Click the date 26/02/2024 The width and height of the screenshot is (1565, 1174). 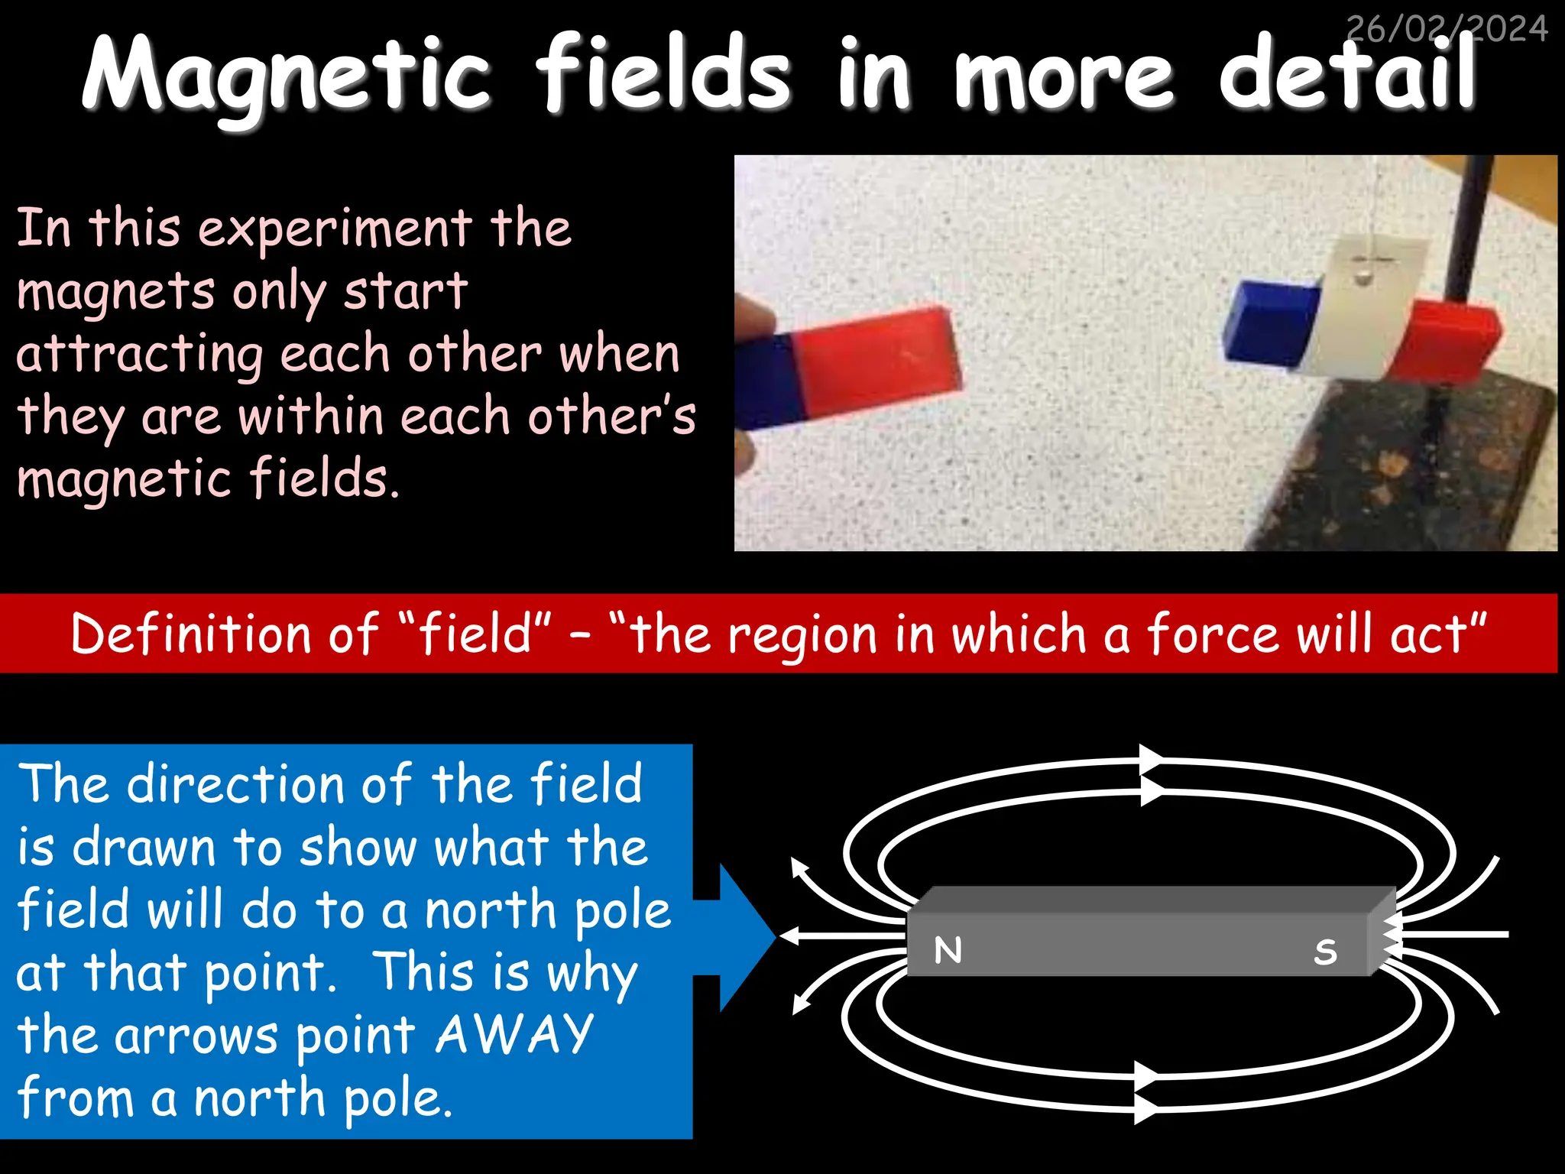[1447, 29]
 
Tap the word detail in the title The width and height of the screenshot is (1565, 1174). [1346, 74]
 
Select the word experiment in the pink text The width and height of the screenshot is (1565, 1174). [335, 229]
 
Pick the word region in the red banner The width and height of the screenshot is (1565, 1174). [802, 636]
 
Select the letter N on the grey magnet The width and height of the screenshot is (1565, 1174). [948, 950]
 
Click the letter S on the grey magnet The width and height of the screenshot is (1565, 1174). [1326, 952]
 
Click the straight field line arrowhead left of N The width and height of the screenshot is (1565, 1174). [789, 936]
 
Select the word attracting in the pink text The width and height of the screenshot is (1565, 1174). [139, 355]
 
